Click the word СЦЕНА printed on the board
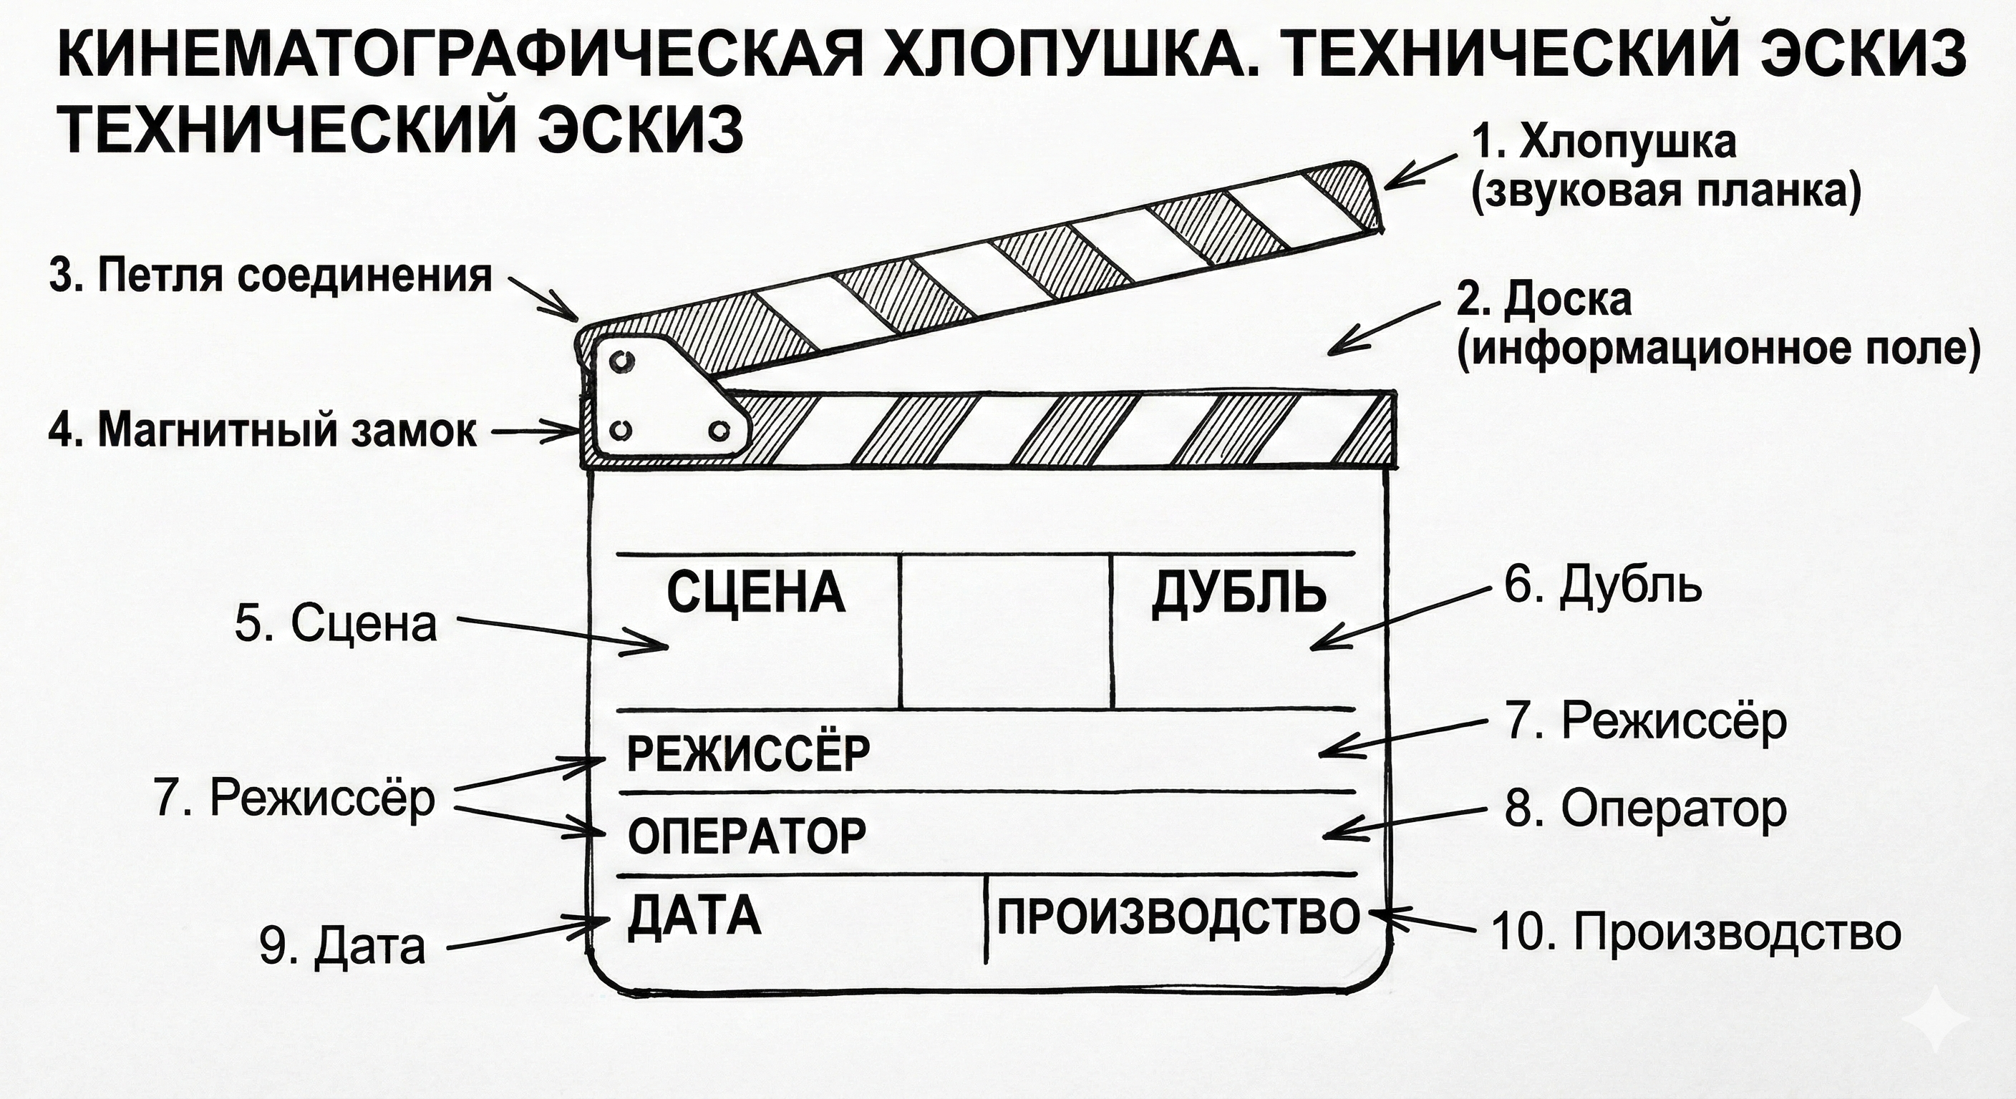(756, 593)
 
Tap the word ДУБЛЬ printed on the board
(1239, 593)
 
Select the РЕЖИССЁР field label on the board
(748, 753)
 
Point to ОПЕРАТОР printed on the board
(747, 836)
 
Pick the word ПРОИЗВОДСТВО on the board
(1178, 916)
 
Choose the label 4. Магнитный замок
(262, 430)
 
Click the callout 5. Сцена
(336, 624)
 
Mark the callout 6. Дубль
(1603, 586)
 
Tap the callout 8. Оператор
(1646, 809)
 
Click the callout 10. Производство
(1697, 932)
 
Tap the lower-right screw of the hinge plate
(717, 430)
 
